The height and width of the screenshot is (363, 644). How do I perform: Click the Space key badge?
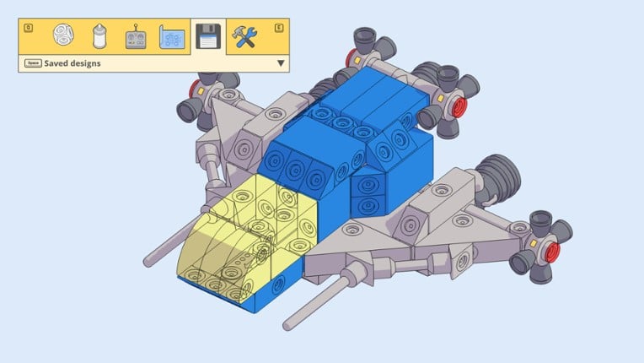[x=33, y=63]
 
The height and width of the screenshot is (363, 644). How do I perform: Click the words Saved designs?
[x=72, y=63]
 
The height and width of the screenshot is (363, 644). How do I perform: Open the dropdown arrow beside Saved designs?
[x=281, y=63]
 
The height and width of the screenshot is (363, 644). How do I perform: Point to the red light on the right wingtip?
[x=553, y=252]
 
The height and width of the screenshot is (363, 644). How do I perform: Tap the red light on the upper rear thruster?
[x=459, y=107]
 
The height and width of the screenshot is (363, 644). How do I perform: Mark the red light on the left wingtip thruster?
[x=196, y=87]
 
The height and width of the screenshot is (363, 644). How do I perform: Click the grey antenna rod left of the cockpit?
[x=169, y=247]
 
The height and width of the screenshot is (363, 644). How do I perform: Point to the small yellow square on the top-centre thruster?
[x=357, y=62]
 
